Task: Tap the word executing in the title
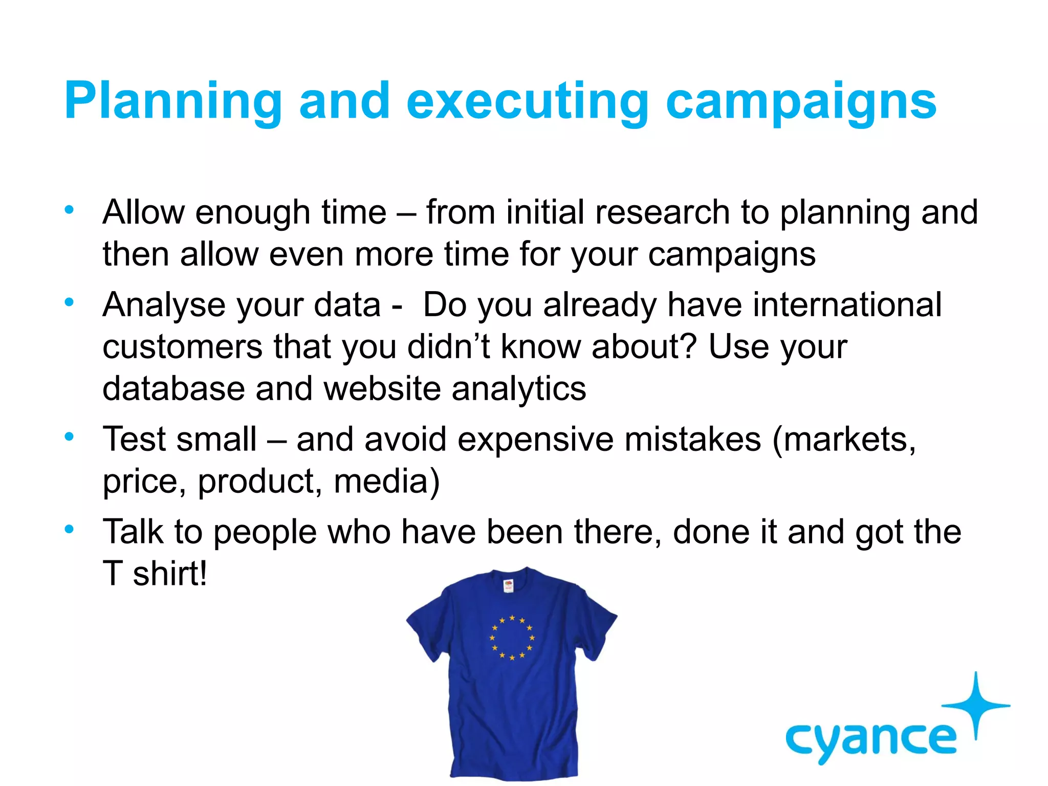[x=528, y=101]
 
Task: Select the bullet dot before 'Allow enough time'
[x=70, y=209]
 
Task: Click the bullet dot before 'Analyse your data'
[x=70, y=302]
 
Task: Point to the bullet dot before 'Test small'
[x=70, y=436]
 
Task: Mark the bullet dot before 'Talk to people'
[x=70, y=529]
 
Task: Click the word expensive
[x=535, y=440]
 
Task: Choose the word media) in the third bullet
[x=386, y=482]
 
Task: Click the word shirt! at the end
[x=170, y=574]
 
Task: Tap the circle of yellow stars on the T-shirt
[x=512, y=638]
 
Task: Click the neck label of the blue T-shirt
[x=508, y=585]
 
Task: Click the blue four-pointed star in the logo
[x=976, y=705]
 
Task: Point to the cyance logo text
[x=870, y=740]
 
